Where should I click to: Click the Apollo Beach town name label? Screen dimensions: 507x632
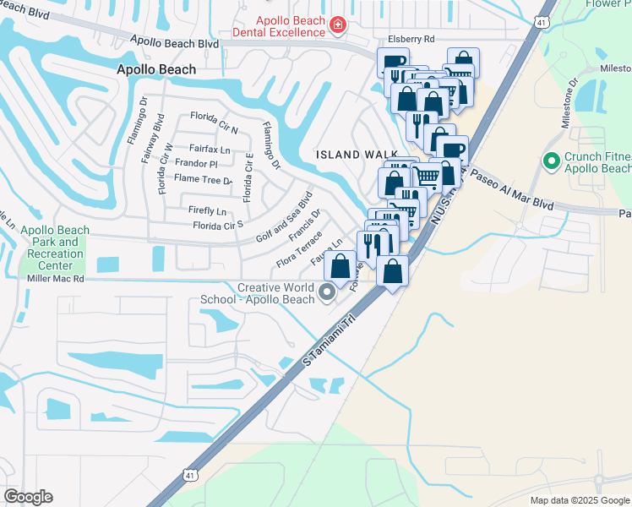156,70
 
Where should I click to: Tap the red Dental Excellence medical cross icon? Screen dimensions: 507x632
338,26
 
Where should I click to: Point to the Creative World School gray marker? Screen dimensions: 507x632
327,293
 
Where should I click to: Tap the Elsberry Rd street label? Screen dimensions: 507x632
411,39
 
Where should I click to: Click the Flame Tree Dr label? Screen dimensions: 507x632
203,179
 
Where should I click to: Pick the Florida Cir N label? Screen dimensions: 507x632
214,117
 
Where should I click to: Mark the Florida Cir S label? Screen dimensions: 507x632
218,226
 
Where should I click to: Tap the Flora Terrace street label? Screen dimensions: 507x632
298,250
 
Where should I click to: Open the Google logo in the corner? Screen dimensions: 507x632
28,497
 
